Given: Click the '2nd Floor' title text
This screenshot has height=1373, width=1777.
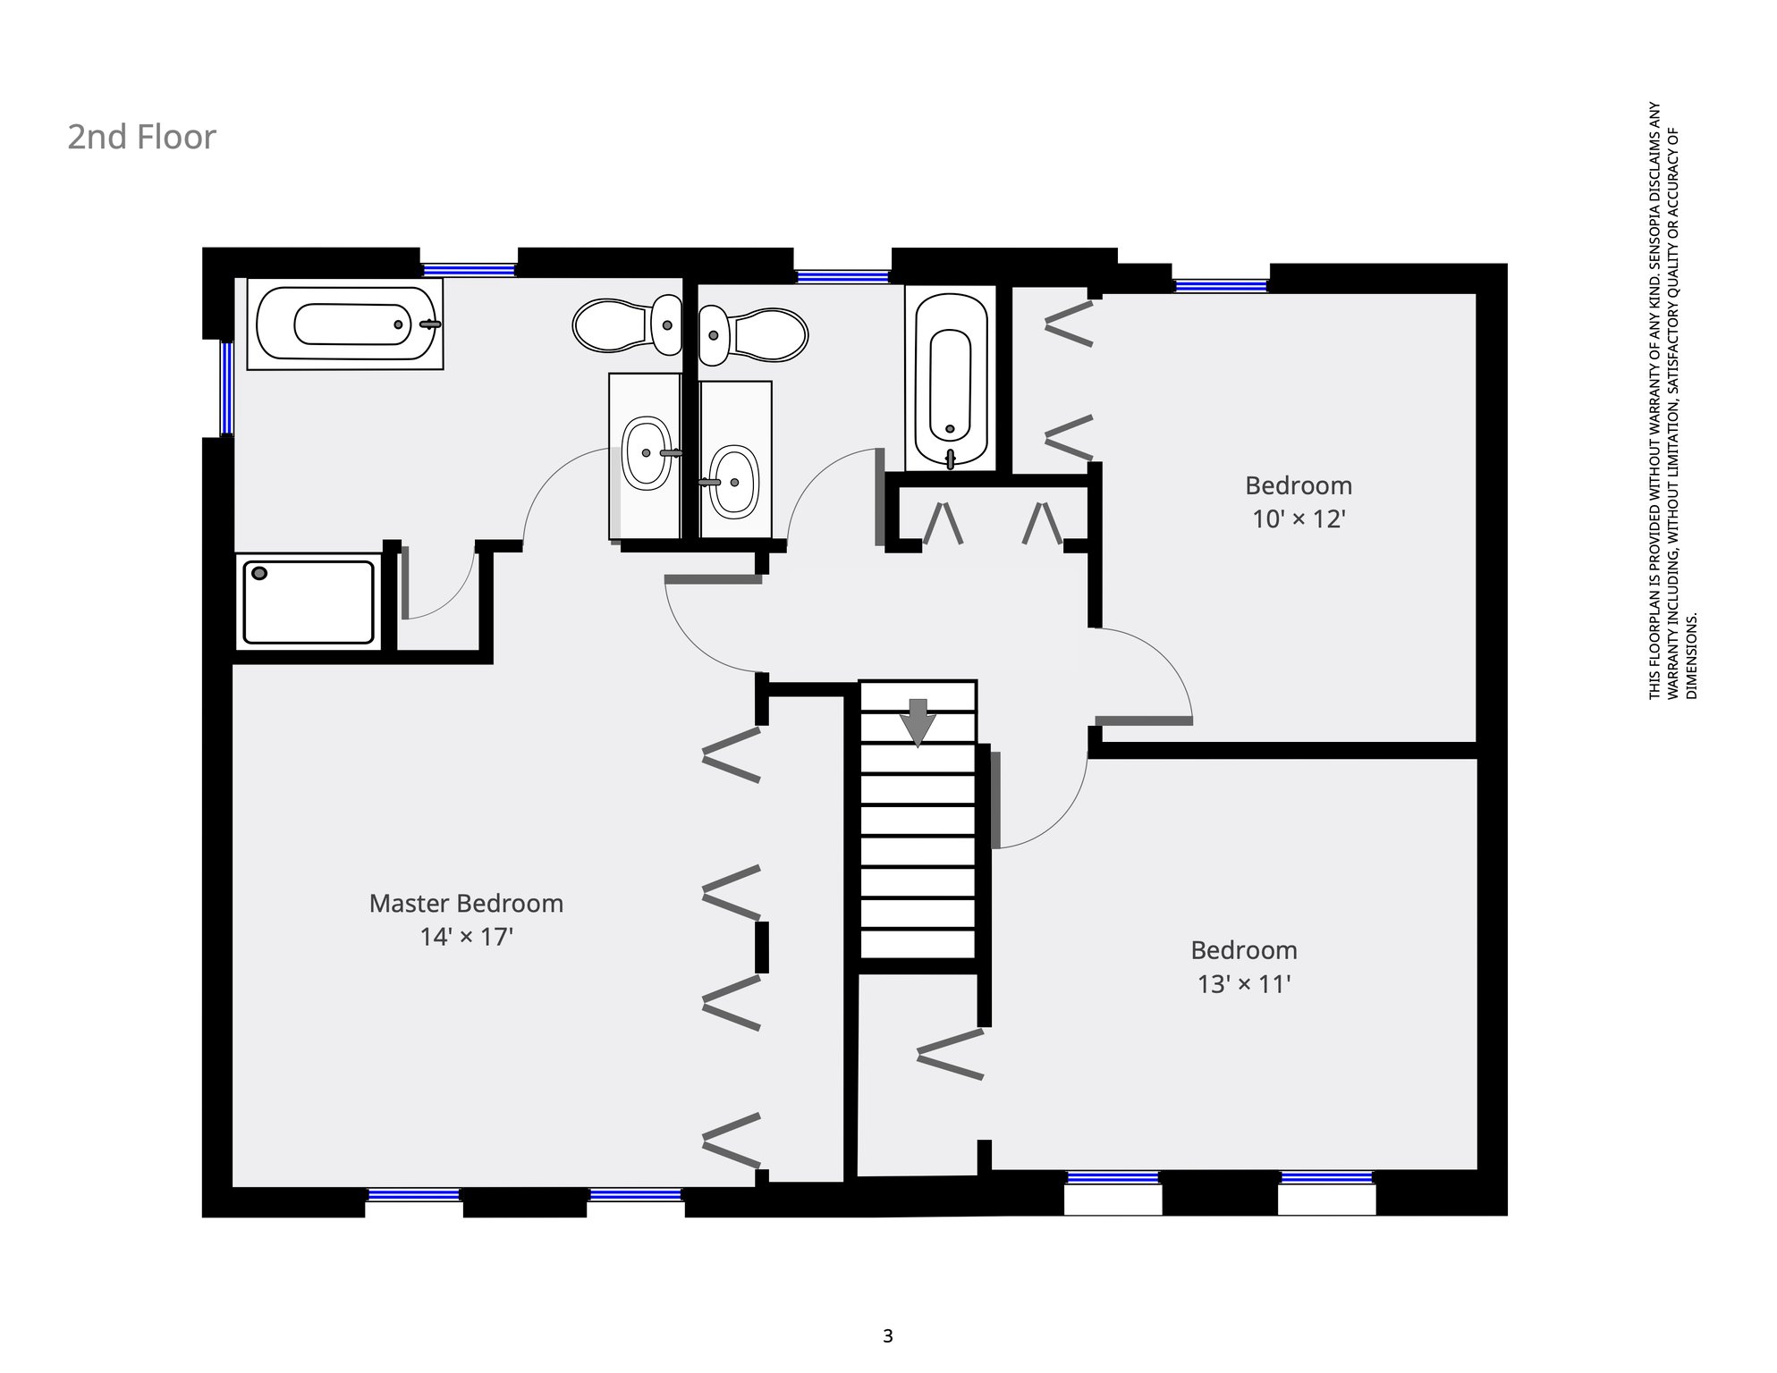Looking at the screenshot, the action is point(142,137).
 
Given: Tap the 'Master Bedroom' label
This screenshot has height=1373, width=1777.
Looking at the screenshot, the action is point(466,903).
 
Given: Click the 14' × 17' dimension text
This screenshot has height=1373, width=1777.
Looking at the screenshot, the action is point(466,937).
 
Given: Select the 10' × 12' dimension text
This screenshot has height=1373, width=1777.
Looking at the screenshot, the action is point(1299,518).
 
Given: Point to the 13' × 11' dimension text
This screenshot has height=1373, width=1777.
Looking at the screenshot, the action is point(1244,984).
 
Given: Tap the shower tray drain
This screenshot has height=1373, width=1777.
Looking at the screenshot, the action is point(259,573).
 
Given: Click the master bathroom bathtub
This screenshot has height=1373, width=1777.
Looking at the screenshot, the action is point(345,324).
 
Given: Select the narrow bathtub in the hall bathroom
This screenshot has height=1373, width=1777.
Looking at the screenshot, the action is point(950,378).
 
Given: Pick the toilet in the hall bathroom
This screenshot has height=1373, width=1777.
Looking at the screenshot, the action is point(753,335).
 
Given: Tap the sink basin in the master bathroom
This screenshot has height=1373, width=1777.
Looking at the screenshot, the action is point(646,452).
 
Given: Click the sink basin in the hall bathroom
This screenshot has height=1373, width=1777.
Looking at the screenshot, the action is point(734,483).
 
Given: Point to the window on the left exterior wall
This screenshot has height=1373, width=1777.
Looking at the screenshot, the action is point(227,388).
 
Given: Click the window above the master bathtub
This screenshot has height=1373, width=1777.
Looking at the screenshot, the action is point(470,270).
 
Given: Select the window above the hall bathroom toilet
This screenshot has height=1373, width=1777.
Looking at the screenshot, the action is point(842,277).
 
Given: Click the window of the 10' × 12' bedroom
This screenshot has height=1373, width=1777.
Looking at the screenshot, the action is point(1221,286).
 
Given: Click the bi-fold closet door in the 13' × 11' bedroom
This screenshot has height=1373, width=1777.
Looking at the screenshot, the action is point(951,1055).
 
